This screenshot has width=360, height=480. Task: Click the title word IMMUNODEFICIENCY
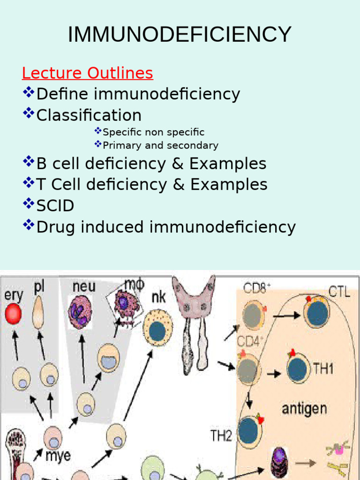180,35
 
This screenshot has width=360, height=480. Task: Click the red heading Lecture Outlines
87,73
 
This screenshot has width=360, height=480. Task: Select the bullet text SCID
55,206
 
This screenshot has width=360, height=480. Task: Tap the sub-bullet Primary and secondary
160,145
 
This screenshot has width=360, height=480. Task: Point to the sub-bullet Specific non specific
153,132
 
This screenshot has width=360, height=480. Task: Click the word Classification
89,115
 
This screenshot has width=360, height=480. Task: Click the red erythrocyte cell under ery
13,315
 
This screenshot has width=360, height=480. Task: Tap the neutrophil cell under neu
80,312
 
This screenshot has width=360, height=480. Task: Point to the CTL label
338,292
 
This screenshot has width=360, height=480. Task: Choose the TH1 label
323,369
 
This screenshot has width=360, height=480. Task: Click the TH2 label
221,436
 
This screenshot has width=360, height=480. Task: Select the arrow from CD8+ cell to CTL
287,315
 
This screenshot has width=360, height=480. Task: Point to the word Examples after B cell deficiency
228,164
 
